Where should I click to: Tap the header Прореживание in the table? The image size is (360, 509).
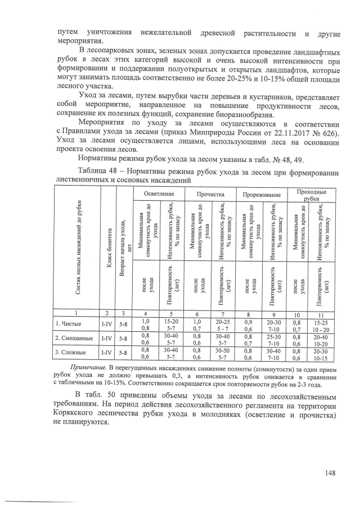(x=262, y=194)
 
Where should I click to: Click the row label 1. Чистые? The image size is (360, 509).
(x=70, y=323)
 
